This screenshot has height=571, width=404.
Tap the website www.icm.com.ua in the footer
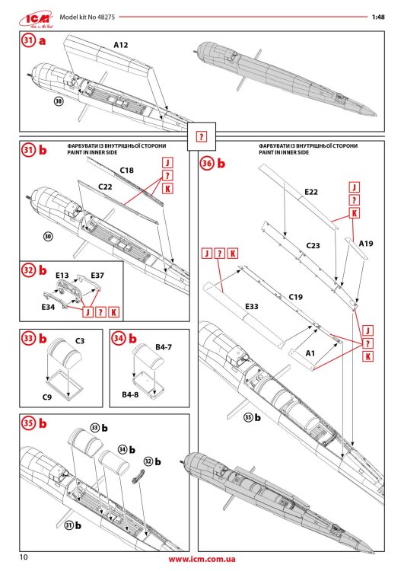202,560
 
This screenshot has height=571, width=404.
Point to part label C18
127,171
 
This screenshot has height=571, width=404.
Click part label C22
107,186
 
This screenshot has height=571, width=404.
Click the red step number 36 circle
207,163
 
